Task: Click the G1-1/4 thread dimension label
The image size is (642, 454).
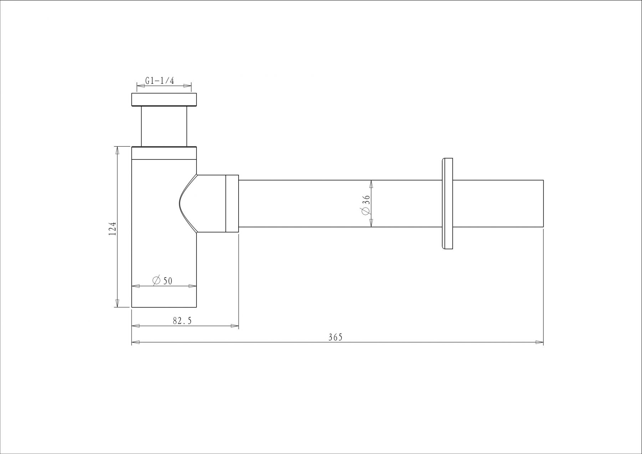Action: pos(159,81)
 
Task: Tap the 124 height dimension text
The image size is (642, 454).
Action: pos(113,228)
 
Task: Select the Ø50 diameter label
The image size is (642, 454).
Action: pos(162,281)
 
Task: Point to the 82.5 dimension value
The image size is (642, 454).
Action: pos(182,321)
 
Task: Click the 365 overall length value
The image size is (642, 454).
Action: pos(335,337)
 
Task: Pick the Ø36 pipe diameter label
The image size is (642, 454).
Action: pos(366,205)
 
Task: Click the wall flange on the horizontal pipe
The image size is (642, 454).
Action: pos(447,203)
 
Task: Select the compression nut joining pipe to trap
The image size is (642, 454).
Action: pos(232,204)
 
